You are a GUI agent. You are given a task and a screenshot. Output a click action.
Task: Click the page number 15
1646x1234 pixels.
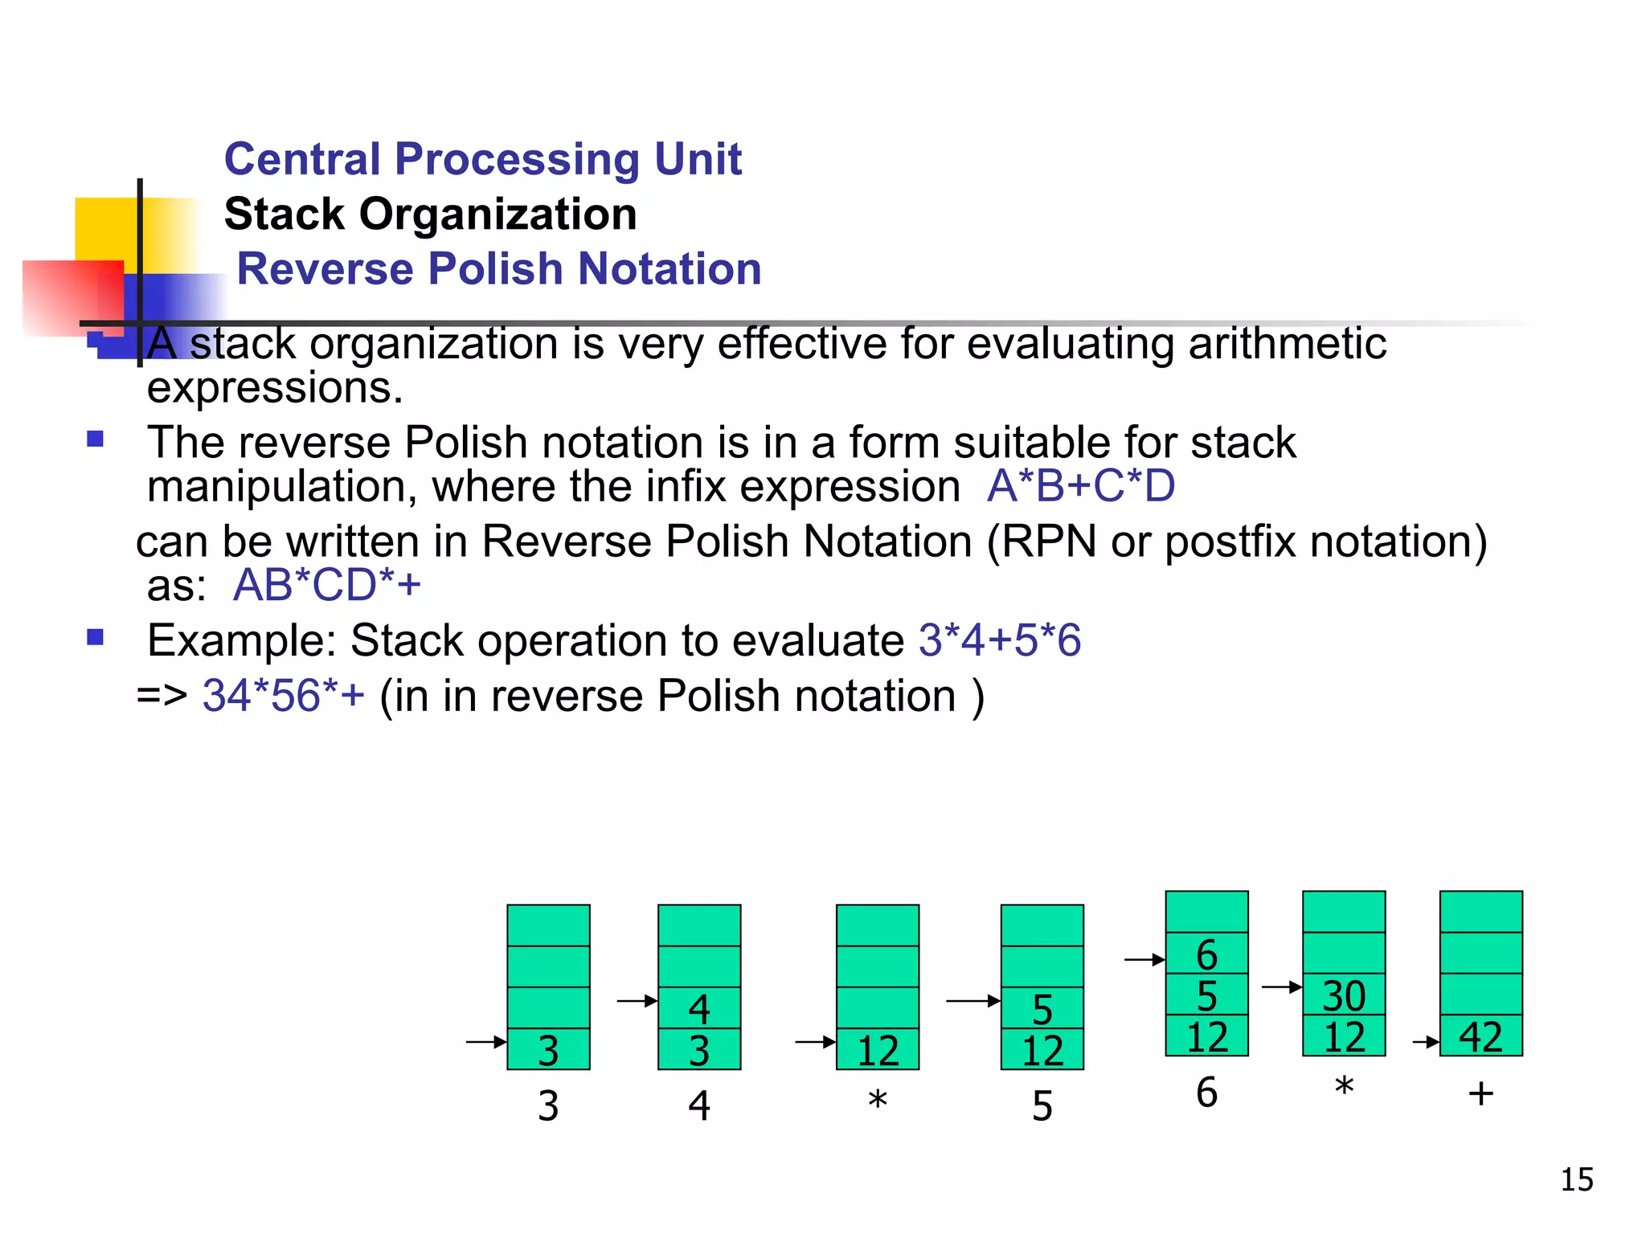tap(1576, 1179)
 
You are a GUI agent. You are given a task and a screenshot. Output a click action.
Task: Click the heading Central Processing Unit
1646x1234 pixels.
tap(482, 158)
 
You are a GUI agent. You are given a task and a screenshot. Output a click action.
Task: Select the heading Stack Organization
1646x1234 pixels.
tap(430, 214)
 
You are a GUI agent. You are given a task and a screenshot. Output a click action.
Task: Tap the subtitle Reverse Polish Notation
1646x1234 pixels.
tap(498, 268)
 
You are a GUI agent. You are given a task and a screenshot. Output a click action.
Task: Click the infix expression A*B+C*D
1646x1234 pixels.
tap(1080, 486)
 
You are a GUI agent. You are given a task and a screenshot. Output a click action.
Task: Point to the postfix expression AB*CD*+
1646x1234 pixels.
tap(326, 585)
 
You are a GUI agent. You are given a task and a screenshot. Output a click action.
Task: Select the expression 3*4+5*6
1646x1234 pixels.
tap(999, 640)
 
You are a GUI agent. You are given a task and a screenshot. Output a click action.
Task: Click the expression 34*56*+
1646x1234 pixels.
tap(283, 696)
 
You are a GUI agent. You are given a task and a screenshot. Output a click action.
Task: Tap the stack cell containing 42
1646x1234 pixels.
tap(1480, 1036)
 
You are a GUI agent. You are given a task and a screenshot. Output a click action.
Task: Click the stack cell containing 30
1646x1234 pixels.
tap(1344, 995)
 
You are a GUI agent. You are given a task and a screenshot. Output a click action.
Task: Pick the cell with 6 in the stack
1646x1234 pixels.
tap(1206, 954)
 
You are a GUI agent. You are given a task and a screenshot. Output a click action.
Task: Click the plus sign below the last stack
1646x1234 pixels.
tap(1480, 1093)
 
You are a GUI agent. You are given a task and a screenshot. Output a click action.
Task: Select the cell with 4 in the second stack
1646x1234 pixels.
tap(699, 1008)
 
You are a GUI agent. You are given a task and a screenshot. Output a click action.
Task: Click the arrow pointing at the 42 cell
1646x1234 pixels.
tap(1425, 1043)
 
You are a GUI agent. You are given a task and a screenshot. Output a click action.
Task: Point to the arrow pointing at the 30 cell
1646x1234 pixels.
tap(1281, 987)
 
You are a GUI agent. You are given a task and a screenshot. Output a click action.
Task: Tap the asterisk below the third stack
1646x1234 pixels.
tap(877, 1099)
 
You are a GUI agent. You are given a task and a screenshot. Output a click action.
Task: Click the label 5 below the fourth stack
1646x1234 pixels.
tap(1042, 1106)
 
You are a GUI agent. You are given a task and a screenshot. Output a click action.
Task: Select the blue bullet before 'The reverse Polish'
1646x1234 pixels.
tap(96, 439)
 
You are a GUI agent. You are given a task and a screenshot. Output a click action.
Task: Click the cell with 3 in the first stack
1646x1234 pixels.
tap(548, 1049)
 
